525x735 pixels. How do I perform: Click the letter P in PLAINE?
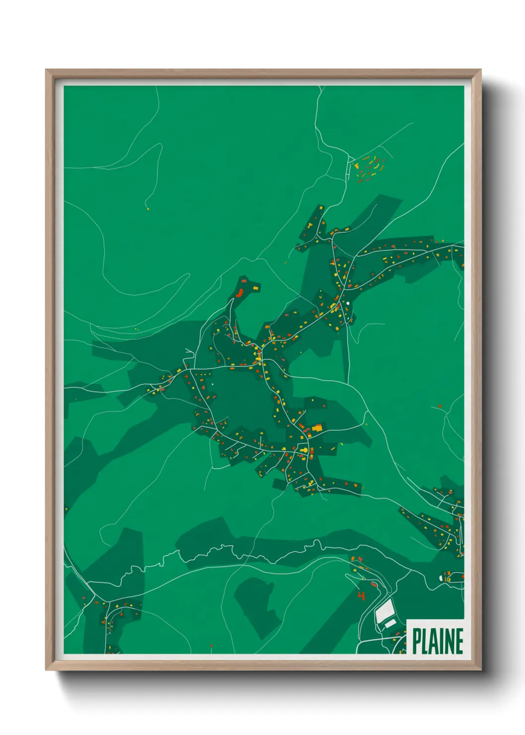417,641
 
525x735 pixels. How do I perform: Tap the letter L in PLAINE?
427,641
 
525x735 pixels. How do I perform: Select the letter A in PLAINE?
436,641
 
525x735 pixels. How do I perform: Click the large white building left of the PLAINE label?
385,610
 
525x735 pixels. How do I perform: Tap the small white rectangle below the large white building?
391,623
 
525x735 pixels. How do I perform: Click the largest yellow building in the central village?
317,427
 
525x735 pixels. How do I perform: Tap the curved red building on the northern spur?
240,292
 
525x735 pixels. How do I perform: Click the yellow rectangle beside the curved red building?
256,288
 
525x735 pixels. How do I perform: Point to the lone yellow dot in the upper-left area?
148,209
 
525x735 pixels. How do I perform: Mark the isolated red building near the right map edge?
440,407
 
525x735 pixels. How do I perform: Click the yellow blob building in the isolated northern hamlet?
356,165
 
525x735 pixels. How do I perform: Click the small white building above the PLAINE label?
446,578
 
